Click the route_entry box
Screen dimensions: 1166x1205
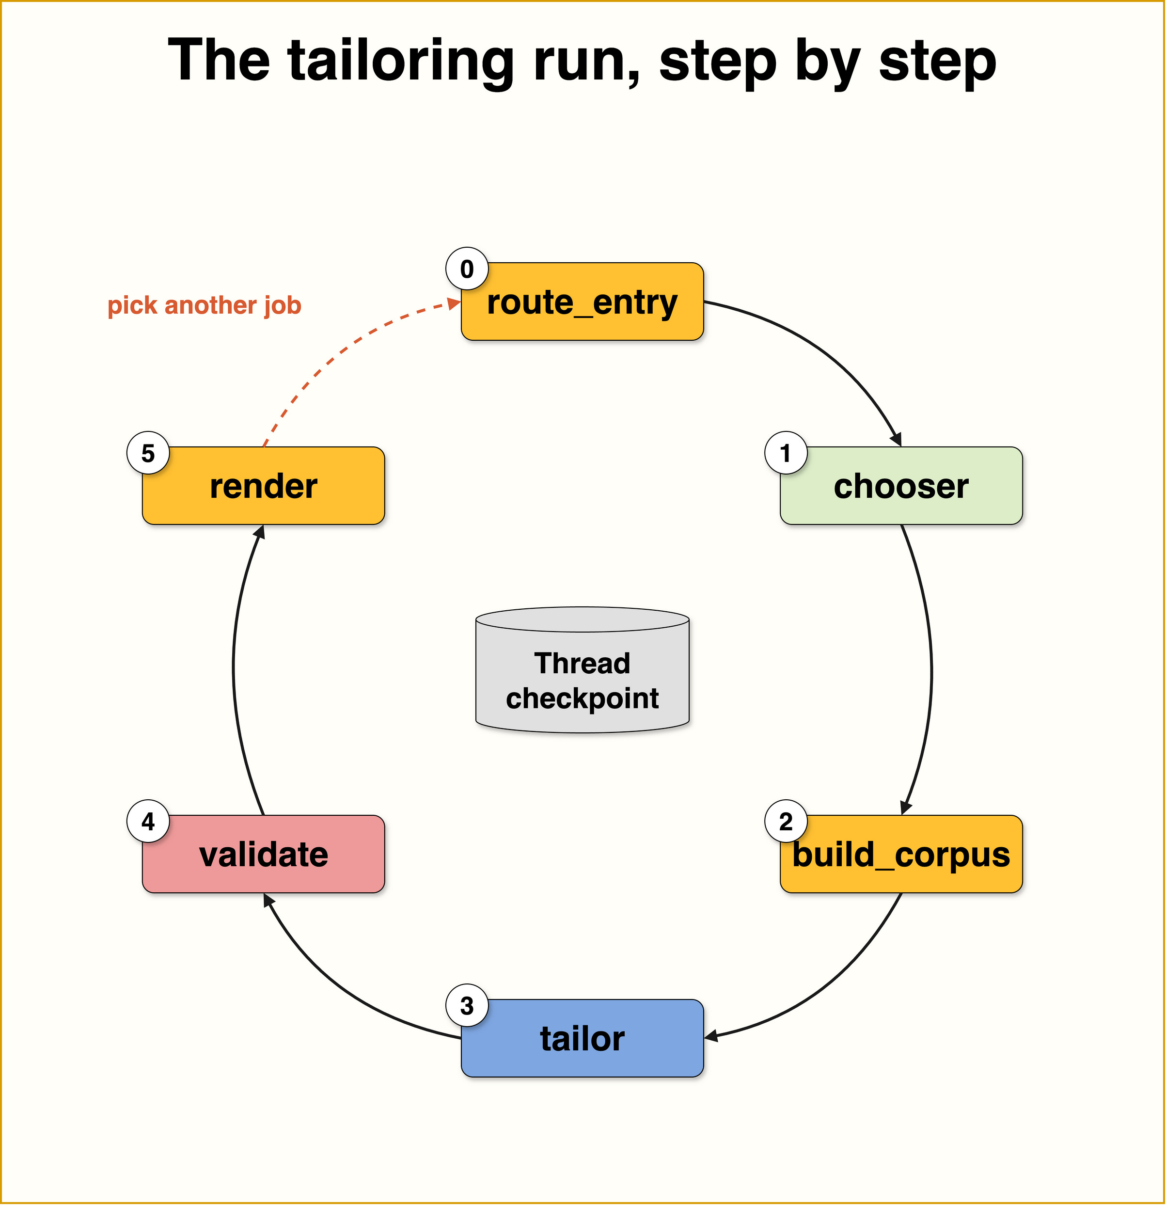pyautogui.click(x=582, y=301)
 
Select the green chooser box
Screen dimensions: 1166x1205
pyautogui.click(x=901, y=486)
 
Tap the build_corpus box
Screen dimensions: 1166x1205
pyautogui.click(x=901, y=854)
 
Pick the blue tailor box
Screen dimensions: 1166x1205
pyautogui.click(x=582, y=1038)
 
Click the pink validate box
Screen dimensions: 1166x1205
pyautogui.click(x=263, y=854)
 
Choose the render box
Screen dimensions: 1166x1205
pyautogui.click(x=263, y=486)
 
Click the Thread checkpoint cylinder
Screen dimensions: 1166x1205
pyautogui.click(x=582, y=670)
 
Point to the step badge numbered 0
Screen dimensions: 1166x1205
pyautogui.click(x=467, y=269)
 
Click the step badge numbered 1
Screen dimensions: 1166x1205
pyautogui.click(x=786, y=453)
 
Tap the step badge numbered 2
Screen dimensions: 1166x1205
pyautogui.click(x=786, y=822)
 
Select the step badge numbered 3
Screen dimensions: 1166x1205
pyautogui.click(x=467, y=1006)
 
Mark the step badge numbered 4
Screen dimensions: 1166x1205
pyautogui.click(x=148, y=822)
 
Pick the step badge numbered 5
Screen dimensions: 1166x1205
pyautogui.click(x=148, y=453)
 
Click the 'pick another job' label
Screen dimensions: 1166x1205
pyautogui.click(x=204, y=305)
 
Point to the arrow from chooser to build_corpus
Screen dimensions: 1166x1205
pyautogui.click(x=931, y=670)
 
